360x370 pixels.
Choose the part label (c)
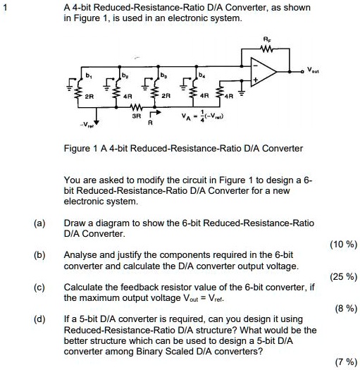point(39,287)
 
